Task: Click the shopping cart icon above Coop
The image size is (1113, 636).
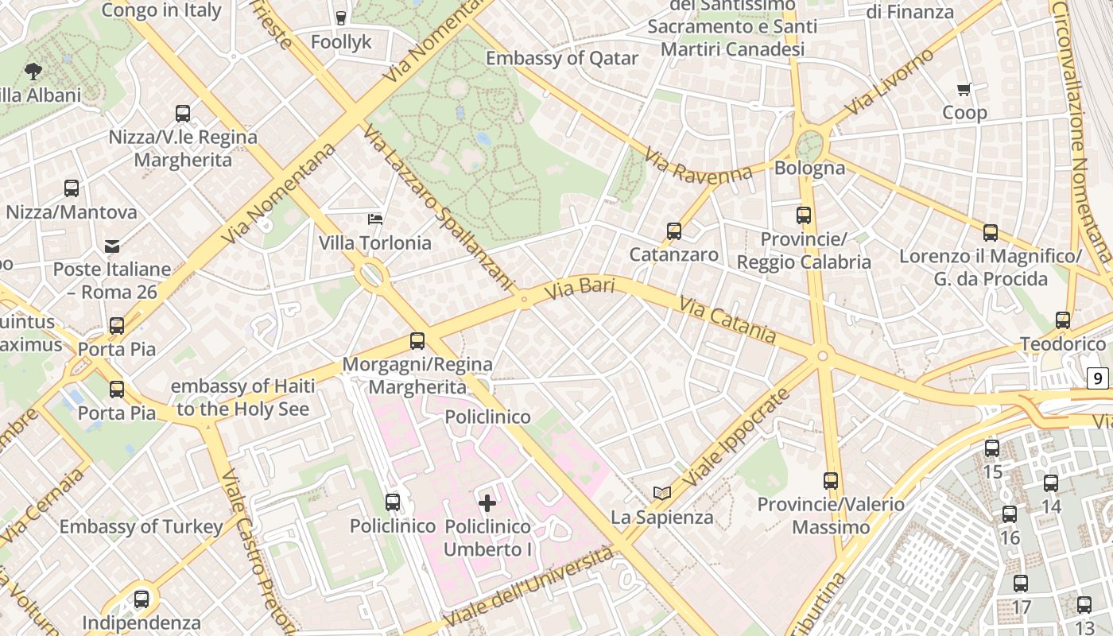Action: [964, 89]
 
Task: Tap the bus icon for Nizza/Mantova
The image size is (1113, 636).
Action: [72, 188]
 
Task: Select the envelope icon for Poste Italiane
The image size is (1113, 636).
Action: [111, 246]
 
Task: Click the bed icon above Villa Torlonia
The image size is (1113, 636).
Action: [375, 219]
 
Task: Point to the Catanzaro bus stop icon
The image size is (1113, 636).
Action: [674, 231]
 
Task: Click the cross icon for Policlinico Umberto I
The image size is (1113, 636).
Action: [487, 502]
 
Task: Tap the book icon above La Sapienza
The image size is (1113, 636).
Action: [662, 493]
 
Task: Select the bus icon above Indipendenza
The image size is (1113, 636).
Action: [142, 599]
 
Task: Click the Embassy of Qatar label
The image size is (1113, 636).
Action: [562, 58]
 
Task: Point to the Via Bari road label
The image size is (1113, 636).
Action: [580, 289]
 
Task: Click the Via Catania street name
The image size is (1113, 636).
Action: [727, 320]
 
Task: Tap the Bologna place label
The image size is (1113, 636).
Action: [809, 168]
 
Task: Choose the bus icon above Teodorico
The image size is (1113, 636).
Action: [1063, 320]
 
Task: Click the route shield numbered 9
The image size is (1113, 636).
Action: [1098, 378]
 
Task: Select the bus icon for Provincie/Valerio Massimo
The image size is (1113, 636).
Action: [831, 480]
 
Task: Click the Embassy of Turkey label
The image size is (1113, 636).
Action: [142, 526]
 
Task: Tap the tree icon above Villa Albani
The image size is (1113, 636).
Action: [33, 72]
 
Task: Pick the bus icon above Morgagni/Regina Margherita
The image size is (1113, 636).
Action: [417, 341]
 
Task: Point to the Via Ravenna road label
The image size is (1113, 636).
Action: [698, 165]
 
